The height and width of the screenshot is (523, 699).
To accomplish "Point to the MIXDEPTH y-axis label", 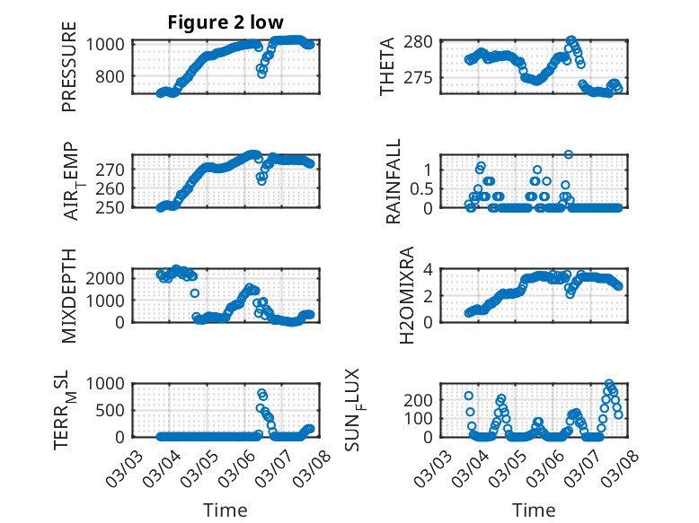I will pyautogui.click(x=69, y=295).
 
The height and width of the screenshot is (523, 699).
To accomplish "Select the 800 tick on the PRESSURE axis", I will pyautogui.click(x=115, y=77).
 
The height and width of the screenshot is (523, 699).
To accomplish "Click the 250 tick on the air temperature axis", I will pyautogui.click(x=115, y=207).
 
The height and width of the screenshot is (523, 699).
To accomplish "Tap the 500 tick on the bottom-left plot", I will pyautogui.click(x=115, y=411).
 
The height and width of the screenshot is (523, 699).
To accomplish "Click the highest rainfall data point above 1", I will pyautogui.click(x=569, y=154).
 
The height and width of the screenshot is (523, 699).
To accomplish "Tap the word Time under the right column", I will pyautogui.click(x=534, y=510).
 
